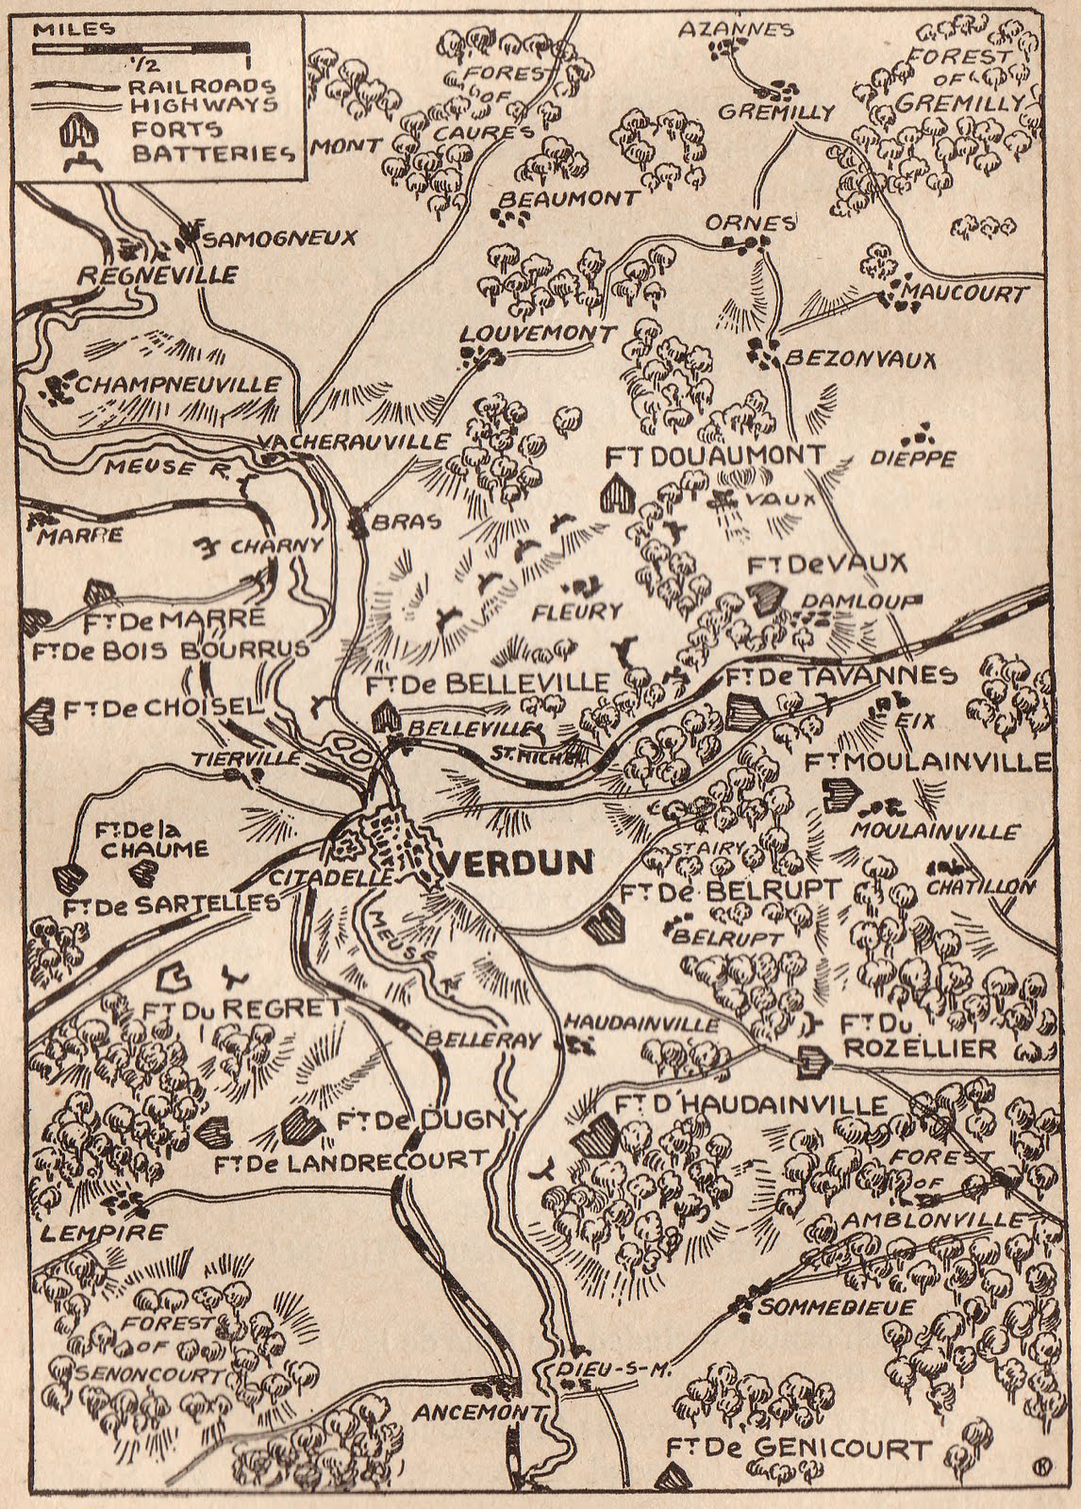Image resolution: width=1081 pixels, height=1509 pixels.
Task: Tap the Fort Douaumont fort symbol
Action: coord(617,492)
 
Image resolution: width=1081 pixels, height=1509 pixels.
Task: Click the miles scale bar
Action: coord(141,46)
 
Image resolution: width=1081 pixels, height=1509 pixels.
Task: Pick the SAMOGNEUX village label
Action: coord(279,238)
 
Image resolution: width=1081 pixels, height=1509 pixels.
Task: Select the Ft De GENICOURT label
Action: coord(798,1449)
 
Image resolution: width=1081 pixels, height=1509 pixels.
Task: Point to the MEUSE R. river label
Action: coord(152,469)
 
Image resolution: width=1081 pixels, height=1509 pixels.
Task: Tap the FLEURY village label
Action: coord(576,611)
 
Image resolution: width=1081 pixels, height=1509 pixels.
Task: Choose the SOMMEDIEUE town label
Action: coord(837,1307)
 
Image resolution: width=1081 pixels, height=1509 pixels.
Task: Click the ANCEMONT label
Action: coord(478,1413)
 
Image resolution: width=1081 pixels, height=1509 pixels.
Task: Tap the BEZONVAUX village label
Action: coord(860,359)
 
